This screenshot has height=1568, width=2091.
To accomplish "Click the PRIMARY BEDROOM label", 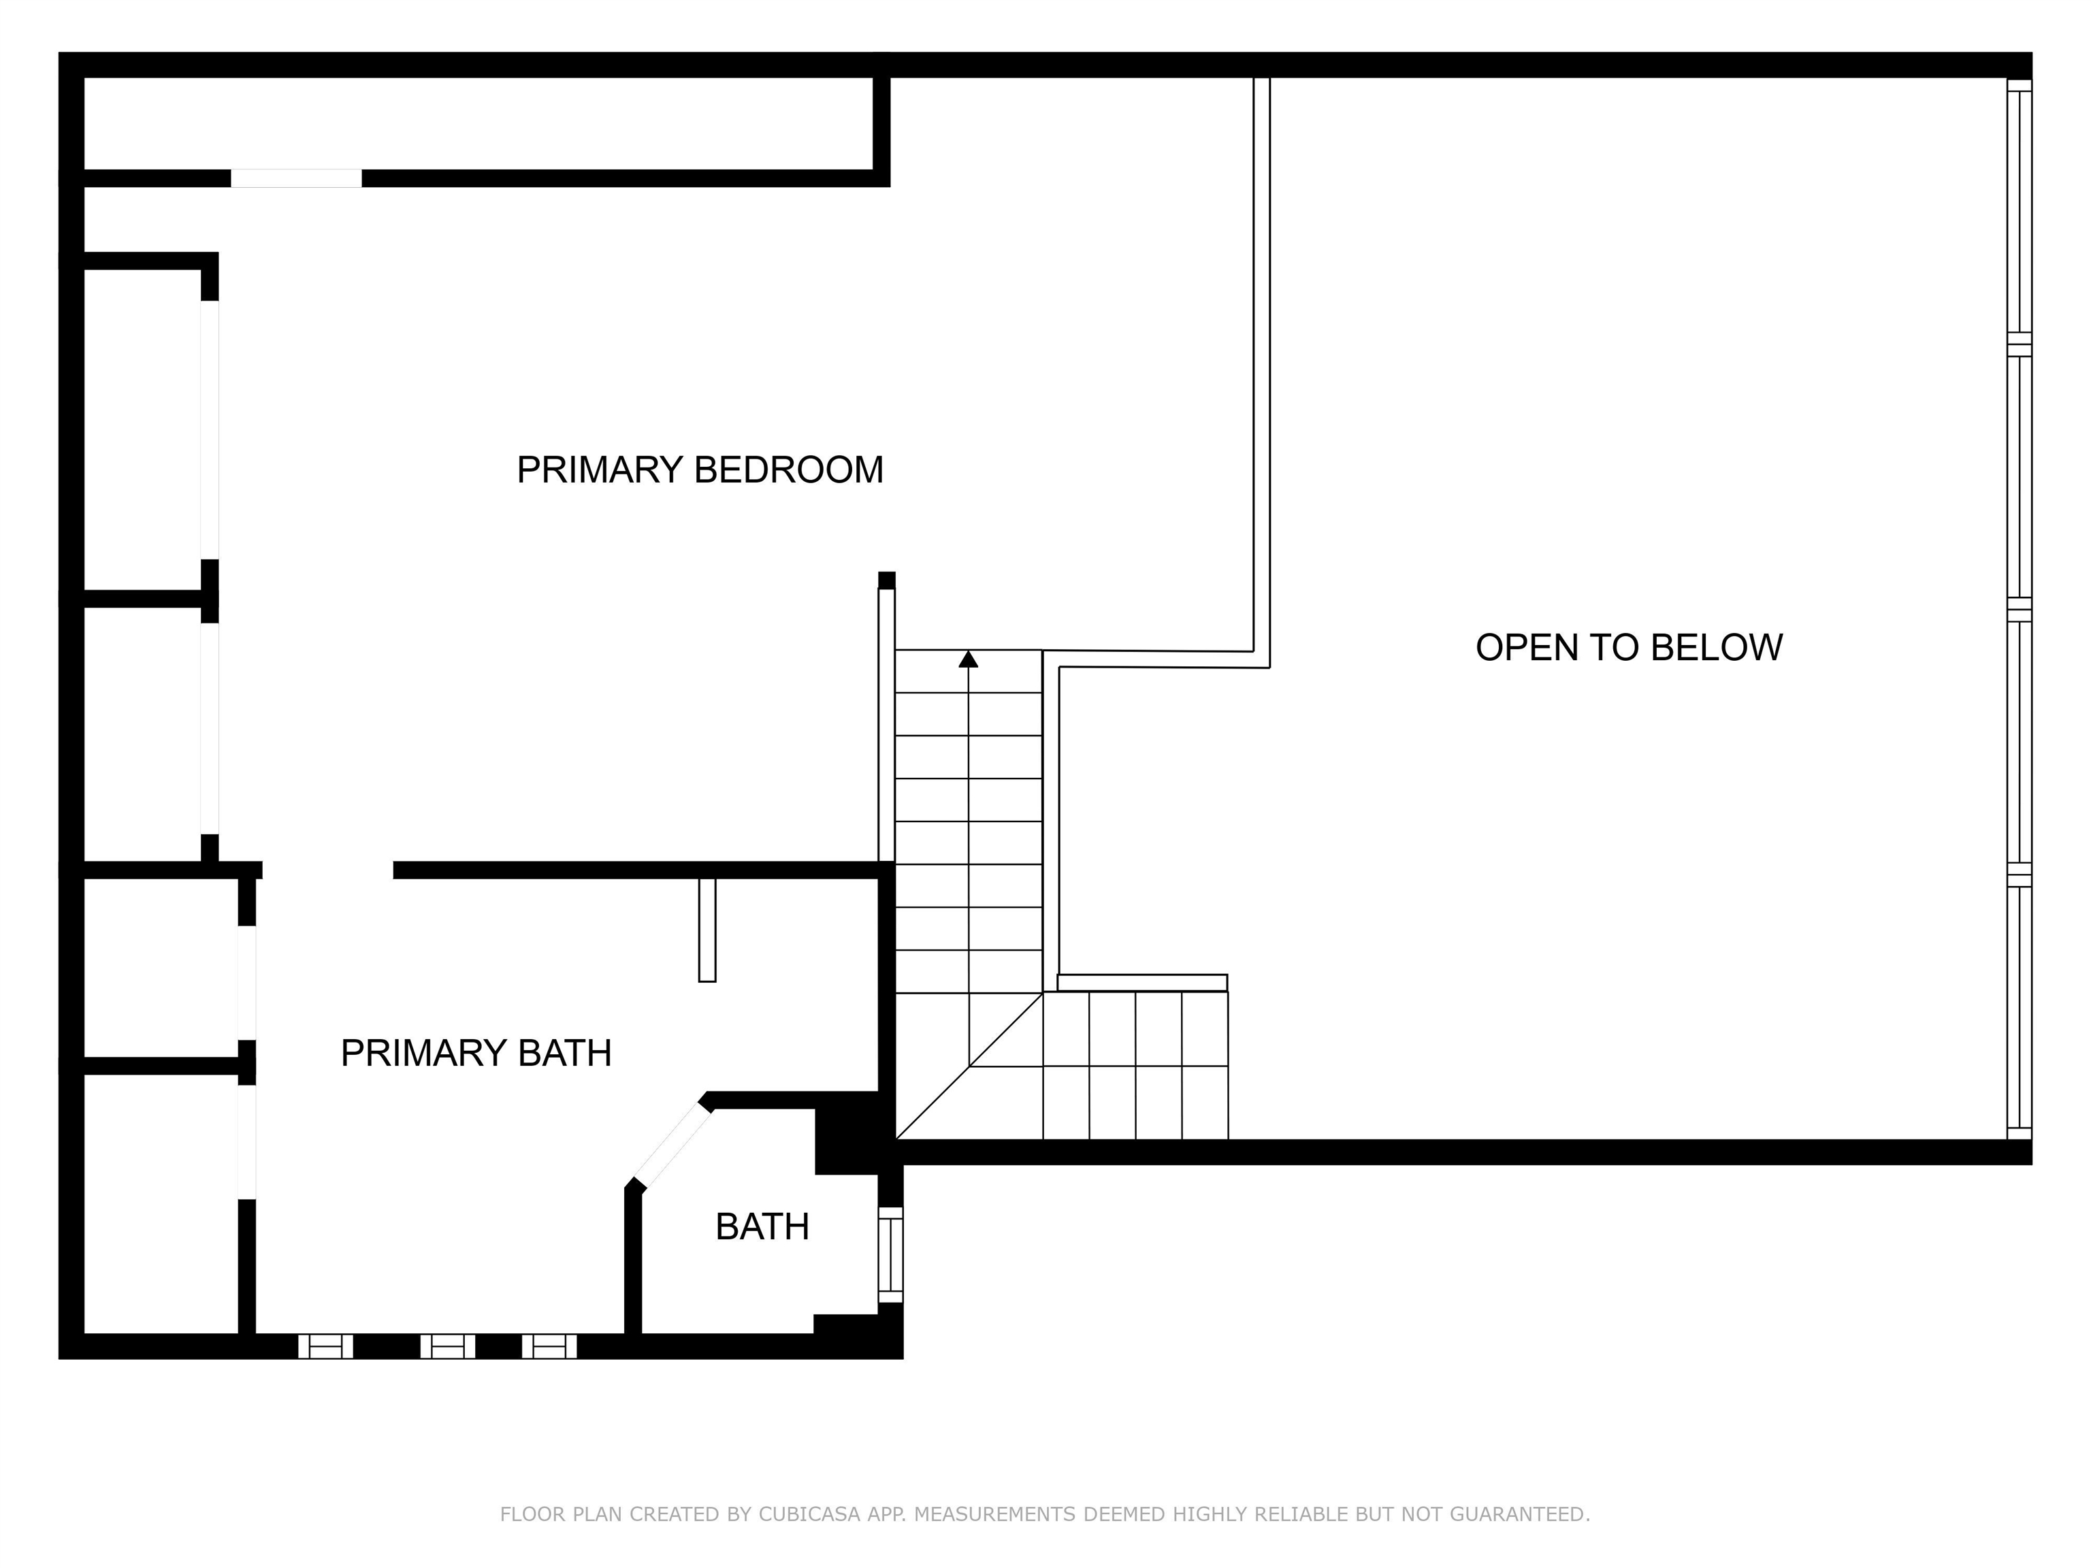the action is click(x=700, y=470).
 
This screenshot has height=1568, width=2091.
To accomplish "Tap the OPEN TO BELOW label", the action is click(x=1629, y=647).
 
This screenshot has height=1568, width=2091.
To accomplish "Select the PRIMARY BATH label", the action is click(x=476, y=1053).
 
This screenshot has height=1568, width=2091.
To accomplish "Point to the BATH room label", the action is click(x=762, y=1227).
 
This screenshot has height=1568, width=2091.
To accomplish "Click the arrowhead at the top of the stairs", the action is click(x=968, y=659).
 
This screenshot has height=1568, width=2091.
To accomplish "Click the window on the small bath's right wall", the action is click(x=890, y=1254).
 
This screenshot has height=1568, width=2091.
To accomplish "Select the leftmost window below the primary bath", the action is click(x=326, y=1346).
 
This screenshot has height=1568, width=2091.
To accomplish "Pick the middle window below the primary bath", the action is click(x=448, y=1346).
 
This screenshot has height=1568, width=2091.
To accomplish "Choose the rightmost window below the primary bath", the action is click(x=549, y=1346).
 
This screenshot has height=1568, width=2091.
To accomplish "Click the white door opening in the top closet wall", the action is click(x=296, y=178).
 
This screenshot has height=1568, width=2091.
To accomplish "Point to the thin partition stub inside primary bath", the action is click(x=707, y=930).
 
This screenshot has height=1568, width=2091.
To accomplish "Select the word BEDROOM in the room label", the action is click(x=788, y=470).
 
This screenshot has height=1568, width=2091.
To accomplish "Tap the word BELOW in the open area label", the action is click(x=1717, y=647).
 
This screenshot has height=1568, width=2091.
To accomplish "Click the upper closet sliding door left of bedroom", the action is click(x=210, y=430).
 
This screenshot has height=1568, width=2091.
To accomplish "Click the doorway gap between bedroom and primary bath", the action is click(x=328, y=870).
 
